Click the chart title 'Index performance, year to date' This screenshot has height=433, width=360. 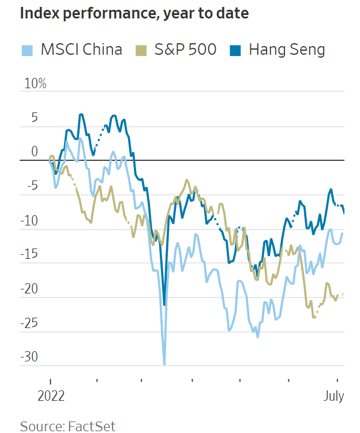pyautogui.click(x=134, y=14)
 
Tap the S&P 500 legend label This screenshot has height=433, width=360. pyautogui.click(x=185, y=50)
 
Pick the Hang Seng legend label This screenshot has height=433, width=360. pyautogui.click(x=287, y=50)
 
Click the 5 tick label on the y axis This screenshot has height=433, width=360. pyautogui.click(x=34, y=118)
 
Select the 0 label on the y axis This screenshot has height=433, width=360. pyautogui.click(x=34, y=152)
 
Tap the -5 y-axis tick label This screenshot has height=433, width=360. pyautogui.click(x=31, y=187)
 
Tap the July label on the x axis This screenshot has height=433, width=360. pyautogui.click(x=333, y=397)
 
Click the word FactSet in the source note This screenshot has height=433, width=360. pyautogui.click(x=93, y=427)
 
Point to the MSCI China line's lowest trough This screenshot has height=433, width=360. pyautogui.click(x=164, y=364)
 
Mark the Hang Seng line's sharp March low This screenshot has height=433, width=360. pyautogui.click(x=164, y=304)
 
